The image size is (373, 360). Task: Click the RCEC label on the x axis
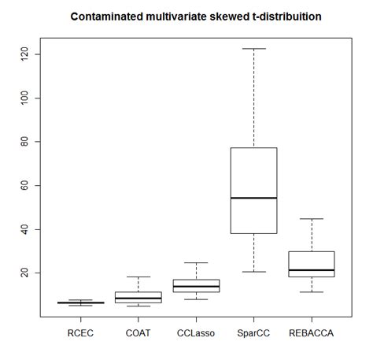point(80,334)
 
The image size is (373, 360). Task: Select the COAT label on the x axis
point(138,334)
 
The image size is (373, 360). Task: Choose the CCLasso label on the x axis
point(196,334)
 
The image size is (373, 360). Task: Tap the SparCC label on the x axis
point(253,334)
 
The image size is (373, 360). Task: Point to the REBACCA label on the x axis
point(312,334)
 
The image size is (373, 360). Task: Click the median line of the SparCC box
point(253,198)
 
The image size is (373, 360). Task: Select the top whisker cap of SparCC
point(253,49)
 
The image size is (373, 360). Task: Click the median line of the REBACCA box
point(312,270)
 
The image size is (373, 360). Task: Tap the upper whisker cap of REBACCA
point(312,219)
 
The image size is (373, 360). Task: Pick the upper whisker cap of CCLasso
point(196,262)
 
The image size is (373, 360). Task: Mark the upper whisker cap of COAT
point(138,276)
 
